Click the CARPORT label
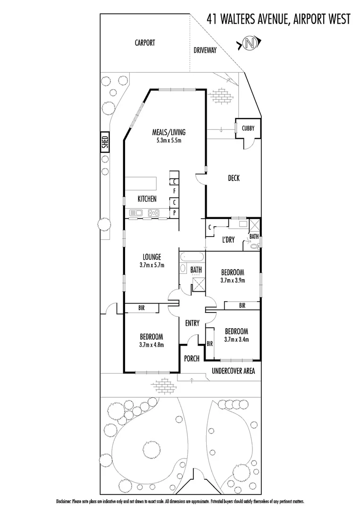point(145,42)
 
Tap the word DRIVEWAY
point(205,50)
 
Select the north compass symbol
point(249,44)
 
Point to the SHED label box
point(105,142)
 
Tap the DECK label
point(234,178)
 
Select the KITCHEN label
point(147,199)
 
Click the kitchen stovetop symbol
point(152,212)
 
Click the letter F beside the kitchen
point(175,191)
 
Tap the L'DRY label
point(228,240)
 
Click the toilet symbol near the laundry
point(255,246)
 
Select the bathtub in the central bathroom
point(192,258)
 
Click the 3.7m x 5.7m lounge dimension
point(151,265)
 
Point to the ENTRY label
point(193,323)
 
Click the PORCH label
point(192,358)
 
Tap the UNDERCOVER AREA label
point(234,371)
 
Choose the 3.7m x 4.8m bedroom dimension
point(151,345)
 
